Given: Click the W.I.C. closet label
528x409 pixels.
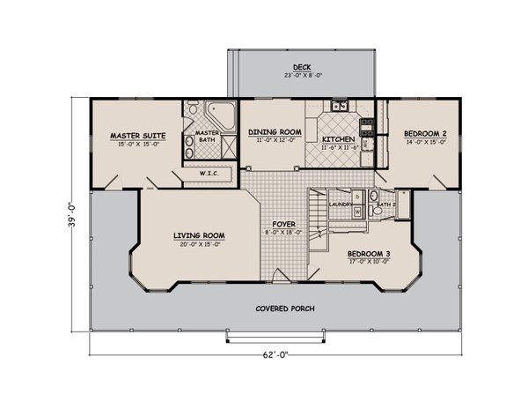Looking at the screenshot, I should coord(209,173).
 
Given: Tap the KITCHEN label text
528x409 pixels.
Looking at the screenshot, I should coord(338,139).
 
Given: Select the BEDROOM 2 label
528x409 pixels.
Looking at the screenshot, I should coord(425,134).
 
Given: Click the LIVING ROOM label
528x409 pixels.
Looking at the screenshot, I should coord(199,235).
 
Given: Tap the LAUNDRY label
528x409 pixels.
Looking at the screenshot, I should coord(340,204).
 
